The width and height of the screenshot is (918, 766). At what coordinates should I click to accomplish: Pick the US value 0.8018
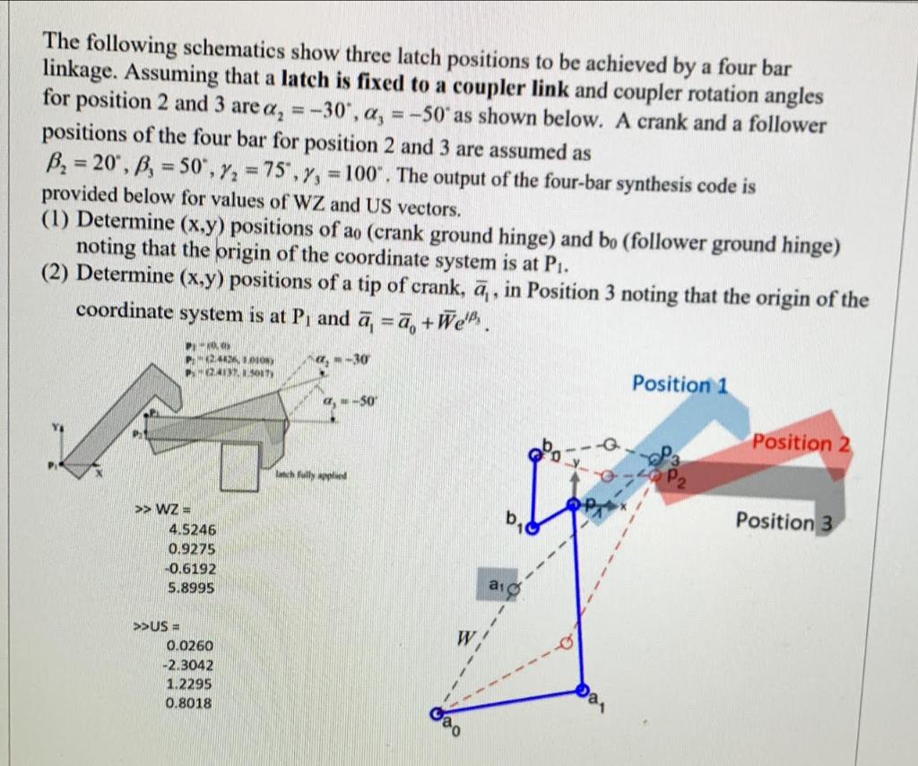[x=189, y=704]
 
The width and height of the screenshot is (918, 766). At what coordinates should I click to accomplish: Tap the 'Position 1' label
[x=679, y=384]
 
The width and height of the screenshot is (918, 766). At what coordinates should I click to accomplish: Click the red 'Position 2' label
[x=801, y=443]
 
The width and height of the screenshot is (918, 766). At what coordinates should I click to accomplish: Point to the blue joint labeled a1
[x=583, y=692]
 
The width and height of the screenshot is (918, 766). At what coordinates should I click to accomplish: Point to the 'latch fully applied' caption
[x=311, y=477]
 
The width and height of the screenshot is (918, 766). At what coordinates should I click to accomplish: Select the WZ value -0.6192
[x=190, y=569]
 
